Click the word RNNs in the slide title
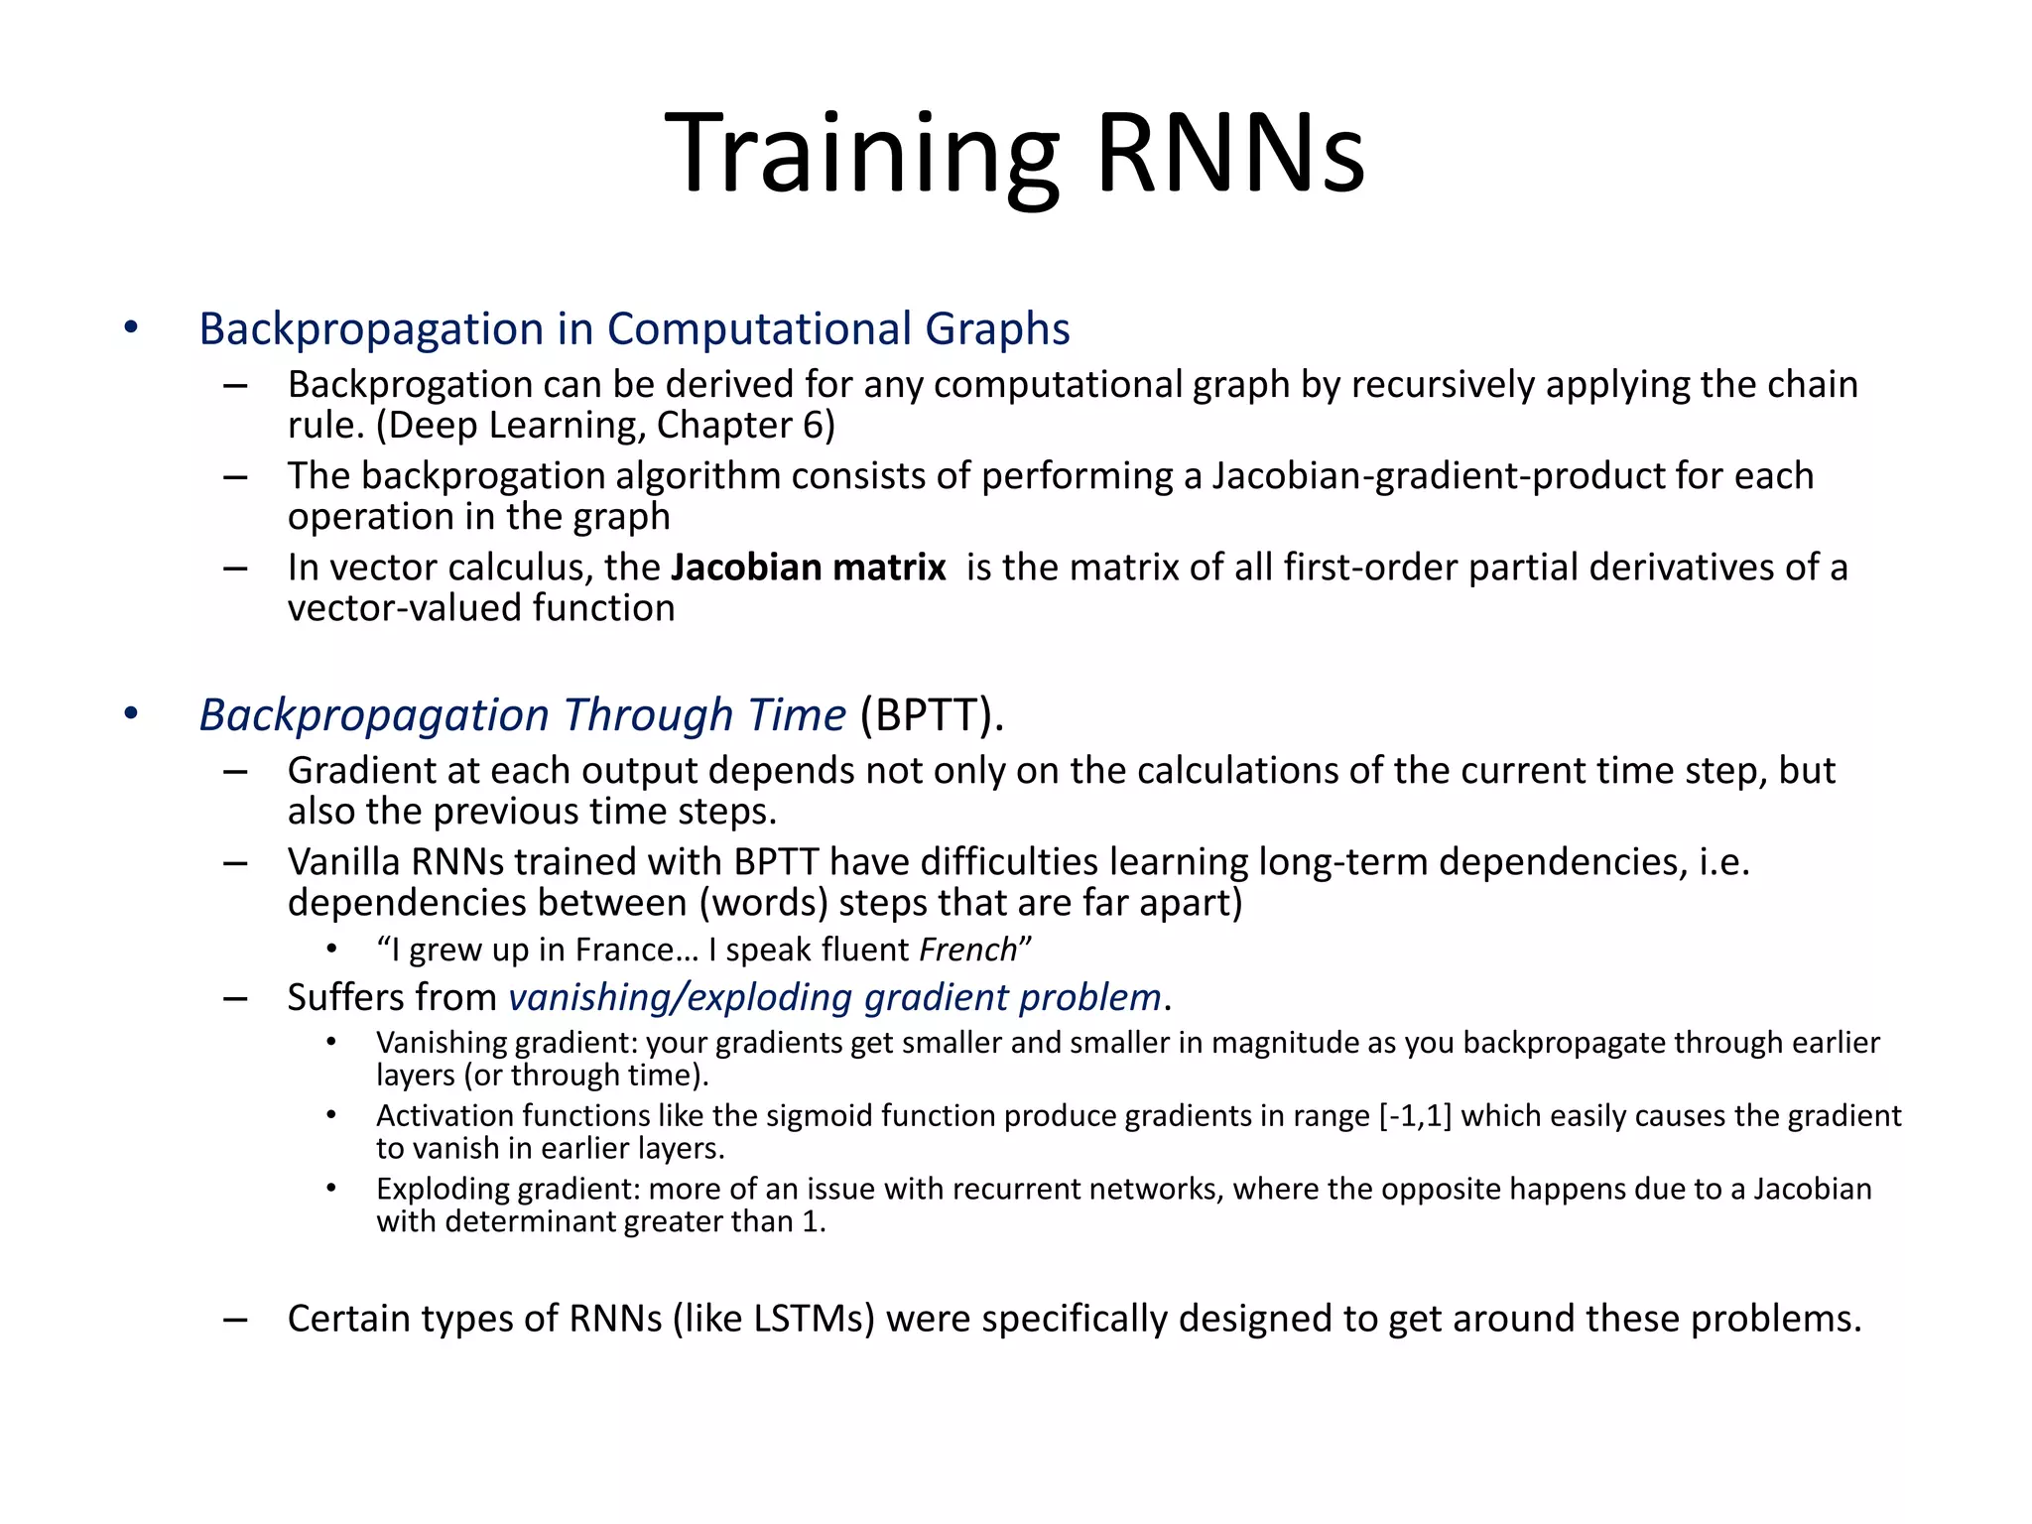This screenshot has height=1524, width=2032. click(1230, 154)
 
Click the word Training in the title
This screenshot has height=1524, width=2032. click(863, 154)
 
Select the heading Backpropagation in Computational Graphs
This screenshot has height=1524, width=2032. click(634, 328)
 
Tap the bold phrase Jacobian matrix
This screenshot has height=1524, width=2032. click(808, 567)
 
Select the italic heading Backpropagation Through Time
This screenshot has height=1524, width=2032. click(522, 714)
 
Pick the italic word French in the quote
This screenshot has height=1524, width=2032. click(967, 950)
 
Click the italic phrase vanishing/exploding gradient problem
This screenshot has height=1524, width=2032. click(834, 997)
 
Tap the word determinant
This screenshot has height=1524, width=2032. click(531, 1221)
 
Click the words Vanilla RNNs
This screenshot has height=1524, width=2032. click(396, 861)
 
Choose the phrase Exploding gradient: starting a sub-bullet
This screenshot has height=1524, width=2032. click(507, 1189)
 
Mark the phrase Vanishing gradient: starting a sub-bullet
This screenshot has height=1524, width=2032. click(507, 1043)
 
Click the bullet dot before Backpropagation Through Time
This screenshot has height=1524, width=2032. click(131, 713)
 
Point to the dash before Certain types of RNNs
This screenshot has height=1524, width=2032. click(235, 1319)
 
